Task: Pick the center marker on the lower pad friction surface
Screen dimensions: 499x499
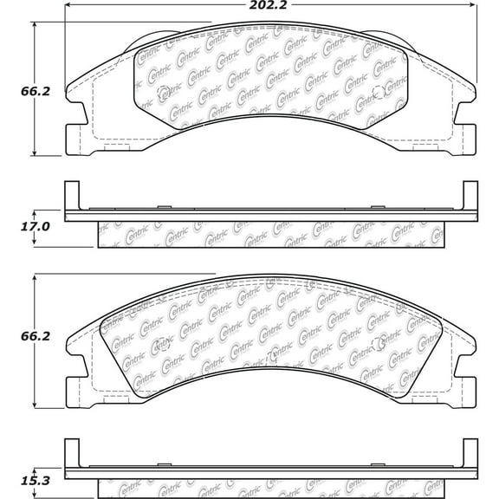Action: (272, 353)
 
